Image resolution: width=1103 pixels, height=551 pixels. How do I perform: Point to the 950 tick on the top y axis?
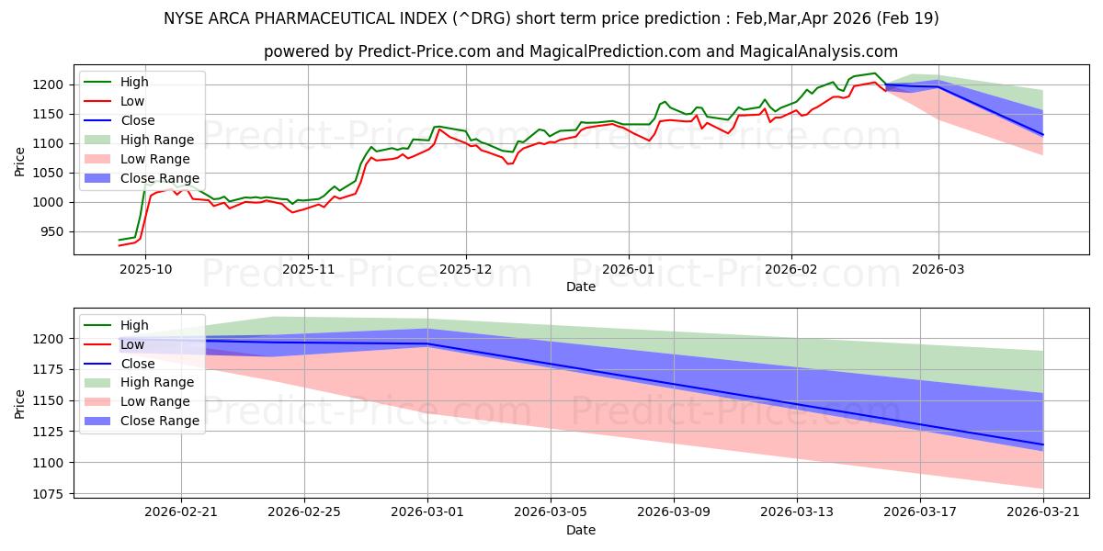(51, 231)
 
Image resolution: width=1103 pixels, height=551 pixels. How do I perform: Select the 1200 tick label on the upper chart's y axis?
(48, 84)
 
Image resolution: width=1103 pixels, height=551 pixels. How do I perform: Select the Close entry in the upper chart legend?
(138, 120)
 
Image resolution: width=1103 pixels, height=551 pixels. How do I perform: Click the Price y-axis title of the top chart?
(20, 162)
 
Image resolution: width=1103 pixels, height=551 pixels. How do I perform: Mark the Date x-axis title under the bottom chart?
(580, 530)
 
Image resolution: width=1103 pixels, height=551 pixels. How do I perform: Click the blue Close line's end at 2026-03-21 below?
(1042, 444)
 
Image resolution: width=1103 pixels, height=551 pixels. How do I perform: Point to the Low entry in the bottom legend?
(132, 344)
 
